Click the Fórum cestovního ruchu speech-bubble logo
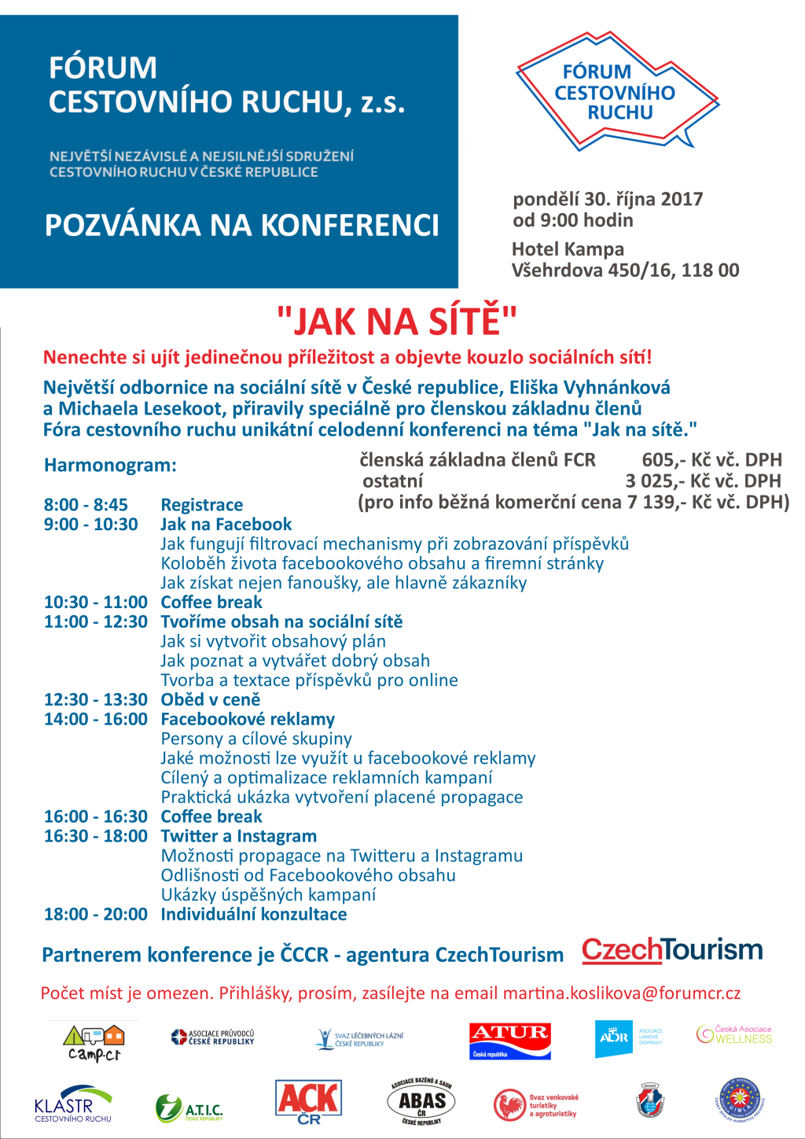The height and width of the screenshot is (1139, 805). [617, 92]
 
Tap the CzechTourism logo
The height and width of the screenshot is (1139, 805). [672, 950]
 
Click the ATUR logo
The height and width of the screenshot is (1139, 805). [510, 1041]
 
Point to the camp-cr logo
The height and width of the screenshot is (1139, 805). [94, 1043]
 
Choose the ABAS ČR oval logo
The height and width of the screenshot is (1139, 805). [421, 1102]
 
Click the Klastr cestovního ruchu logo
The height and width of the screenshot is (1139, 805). [73, 1104]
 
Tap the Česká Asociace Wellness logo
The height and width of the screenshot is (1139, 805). [734, 1034]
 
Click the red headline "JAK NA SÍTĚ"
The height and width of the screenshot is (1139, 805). [397, 322]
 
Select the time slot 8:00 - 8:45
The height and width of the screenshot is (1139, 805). [86, 505]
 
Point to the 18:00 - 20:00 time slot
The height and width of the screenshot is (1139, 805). [96, 914]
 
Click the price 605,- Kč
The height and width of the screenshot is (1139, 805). [664, 460]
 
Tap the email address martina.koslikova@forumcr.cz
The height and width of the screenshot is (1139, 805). [622, 993]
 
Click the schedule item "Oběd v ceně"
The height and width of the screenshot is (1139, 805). [211, 700]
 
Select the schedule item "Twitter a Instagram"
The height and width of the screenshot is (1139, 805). [239, 836]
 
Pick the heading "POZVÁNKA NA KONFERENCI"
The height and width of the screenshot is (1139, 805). [242, 226]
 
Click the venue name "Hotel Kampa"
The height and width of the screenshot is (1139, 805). [568, 249]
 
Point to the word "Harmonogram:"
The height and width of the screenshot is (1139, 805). [110, 466]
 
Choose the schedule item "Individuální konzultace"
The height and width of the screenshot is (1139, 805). [254, 914]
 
